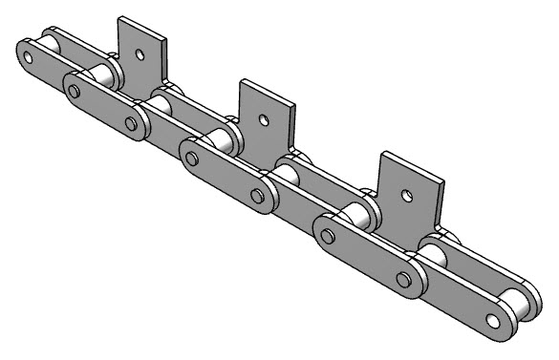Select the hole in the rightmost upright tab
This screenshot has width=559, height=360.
[407, 196]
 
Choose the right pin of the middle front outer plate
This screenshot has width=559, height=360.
[256, 195]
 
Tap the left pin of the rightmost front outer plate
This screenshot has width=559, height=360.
[329, 235]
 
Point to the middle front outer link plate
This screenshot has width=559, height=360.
[226, 177]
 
